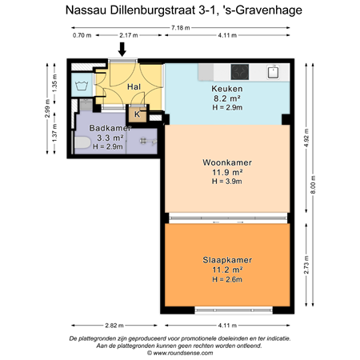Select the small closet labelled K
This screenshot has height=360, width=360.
click(138, 114)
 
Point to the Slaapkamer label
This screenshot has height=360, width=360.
click(227, 260)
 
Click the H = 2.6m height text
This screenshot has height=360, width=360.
click(227, 279)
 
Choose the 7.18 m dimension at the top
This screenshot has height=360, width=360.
click(180, 28)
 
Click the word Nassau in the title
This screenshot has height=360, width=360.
click(89, 10)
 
